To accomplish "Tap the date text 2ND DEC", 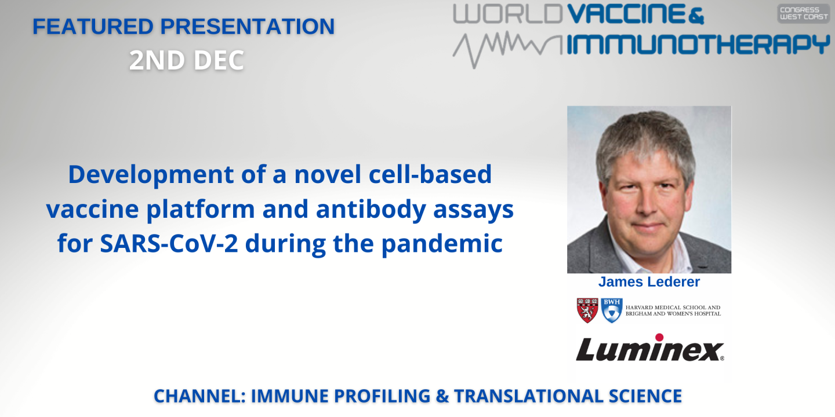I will (x=186, y=61).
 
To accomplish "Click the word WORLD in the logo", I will (x=507, y=15).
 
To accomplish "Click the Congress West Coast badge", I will (x=803, y=13).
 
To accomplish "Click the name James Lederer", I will (x=649, y=282).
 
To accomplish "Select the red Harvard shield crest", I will (x=587, y=310).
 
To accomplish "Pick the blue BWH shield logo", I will (x=612, y=310).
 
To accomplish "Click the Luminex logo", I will (x=649, y=349).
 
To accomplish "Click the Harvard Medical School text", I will (x=673, y=308).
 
